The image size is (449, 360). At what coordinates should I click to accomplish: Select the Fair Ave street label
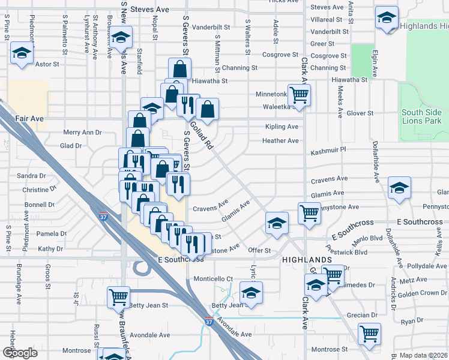30,119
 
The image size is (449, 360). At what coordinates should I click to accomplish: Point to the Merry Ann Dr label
83,133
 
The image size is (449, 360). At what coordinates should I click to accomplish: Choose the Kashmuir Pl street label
329,149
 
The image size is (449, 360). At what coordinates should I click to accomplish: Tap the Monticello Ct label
212,279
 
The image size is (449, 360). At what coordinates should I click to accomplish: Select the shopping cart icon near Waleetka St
298,94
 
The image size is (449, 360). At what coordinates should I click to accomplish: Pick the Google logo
20,353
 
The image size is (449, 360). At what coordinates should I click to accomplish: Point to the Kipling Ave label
282,127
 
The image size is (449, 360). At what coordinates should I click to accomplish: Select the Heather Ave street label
280,141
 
